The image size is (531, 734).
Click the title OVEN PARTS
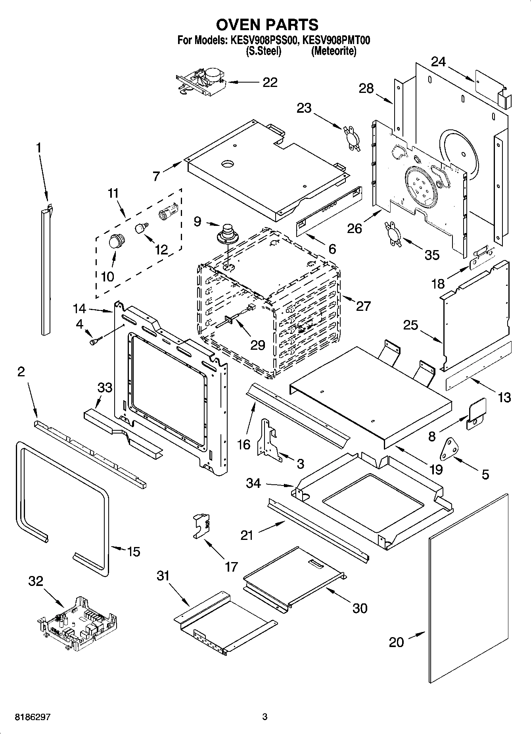[x=267, y=25]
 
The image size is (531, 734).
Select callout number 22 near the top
[x=270, y=83]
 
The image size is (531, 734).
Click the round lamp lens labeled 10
[x=116, y=241]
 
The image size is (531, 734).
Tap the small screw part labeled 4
[x=96, y=340]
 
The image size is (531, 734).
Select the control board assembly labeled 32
[x=78, y=624]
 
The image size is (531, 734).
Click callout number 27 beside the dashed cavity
[x=363, y=306]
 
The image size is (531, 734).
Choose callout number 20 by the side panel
[x=396, y=642]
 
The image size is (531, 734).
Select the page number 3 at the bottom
[x=265, y=717]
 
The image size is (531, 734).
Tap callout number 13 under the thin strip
[x=504, y=397]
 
